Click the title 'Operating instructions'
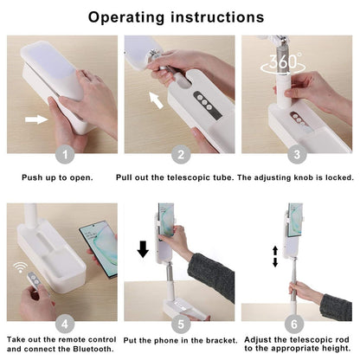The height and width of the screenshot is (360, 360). tap(180, 16)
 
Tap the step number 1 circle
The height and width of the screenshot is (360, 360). tap(62, 156)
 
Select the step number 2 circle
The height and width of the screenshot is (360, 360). tap(180, 156)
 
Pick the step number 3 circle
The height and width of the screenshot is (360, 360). tap(297, 156)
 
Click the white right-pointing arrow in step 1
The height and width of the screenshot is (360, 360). tap(36, 118)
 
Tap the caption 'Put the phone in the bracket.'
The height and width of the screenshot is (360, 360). tap(179, 339)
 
